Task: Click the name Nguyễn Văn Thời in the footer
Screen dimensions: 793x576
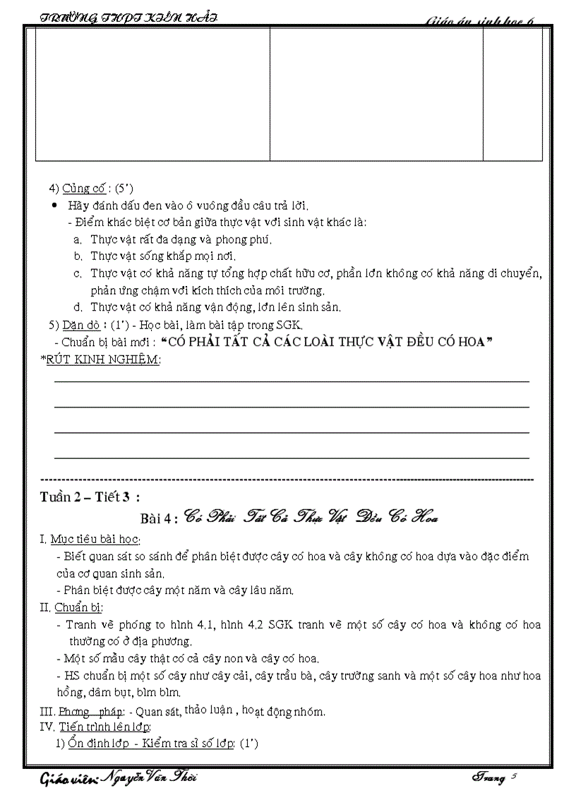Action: (x=150, y=777)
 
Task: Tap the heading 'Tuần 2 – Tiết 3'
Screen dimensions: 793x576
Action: (x=90, y=497)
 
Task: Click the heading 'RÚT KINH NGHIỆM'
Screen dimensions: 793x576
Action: (x=103, y=359)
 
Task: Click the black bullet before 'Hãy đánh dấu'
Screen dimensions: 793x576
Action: (x=56, y=205)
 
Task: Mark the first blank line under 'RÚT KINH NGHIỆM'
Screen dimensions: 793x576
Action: (x=291, y=381)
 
